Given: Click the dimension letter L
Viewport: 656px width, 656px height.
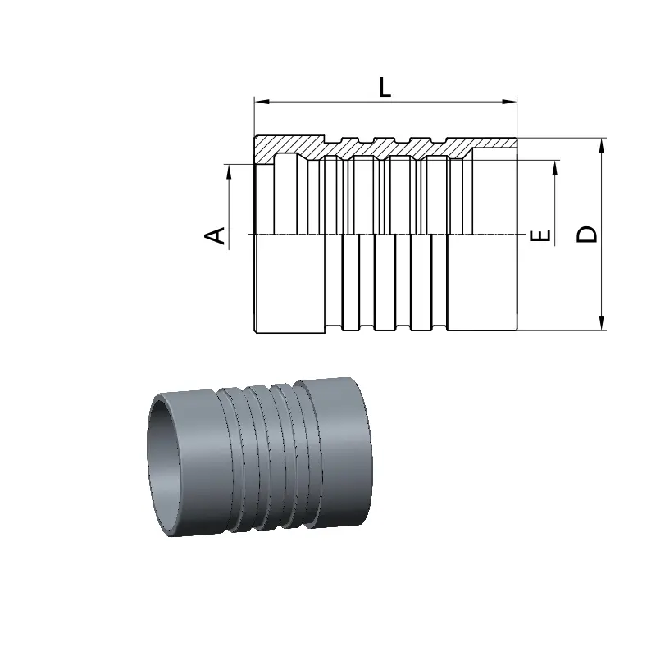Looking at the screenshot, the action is point(385,88).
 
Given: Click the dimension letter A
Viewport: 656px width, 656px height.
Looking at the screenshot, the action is point(215,235).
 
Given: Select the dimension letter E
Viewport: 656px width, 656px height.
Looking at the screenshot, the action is point(540,236).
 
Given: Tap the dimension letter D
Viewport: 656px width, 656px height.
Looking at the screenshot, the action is point(586,235).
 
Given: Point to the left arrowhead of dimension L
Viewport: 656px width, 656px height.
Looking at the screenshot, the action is point(262,102).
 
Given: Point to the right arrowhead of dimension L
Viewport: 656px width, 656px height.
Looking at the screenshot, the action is point(509,102).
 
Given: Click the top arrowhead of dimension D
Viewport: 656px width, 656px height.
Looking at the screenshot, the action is point(602,146).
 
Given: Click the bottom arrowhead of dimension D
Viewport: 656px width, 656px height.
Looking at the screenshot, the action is point(602,322).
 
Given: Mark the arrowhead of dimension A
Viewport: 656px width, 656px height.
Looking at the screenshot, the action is point(229,172).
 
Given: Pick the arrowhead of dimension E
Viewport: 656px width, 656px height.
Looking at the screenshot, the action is point(555,168).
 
